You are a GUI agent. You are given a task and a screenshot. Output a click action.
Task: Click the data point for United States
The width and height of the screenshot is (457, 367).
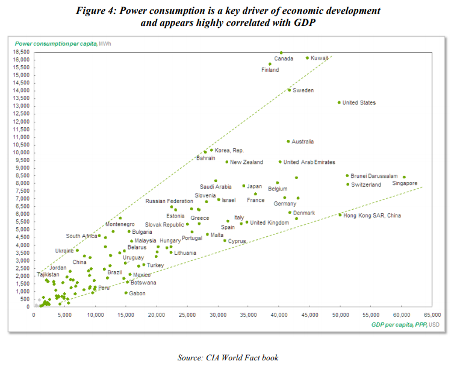[339, 102]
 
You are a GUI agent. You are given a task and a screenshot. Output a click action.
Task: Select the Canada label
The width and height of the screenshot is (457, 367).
[284, 59]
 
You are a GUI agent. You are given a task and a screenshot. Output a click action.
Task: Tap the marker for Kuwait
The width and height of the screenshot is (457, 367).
[307, 58]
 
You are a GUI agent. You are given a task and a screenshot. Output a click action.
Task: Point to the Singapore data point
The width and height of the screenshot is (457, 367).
[404, 177]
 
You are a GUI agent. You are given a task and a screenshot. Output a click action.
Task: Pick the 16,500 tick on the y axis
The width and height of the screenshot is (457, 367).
[20, 52]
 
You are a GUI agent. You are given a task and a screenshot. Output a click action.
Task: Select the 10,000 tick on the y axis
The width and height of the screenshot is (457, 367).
[20, 152]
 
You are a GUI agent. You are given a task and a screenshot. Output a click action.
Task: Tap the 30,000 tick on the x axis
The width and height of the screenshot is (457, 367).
[218, 315]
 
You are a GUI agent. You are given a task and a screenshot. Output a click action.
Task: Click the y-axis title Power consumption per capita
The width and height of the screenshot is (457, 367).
[55, 44]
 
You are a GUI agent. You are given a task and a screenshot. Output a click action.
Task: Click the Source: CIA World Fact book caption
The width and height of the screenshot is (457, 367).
[228, 357]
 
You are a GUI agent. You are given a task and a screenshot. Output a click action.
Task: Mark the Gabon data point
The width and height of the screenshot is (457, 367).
[126, 293]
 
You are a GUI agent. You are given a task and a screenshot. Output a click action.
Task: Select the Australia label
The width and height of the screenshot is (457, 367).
[302, 142]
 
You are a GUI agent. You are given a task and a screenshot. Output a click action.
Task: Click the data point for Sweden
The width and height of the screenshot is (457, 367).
[289, 90]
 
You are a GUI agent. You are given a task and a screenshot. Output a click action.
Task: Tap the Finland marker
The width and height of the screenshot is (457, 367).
[270, 64]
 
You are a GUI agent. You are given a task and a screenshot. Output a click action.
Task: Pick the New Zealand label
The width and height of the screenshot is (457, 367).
[246, 162]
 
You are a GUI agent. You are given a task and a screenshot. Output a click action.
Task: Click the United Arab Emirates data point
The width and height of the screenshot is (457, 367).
[280, 162]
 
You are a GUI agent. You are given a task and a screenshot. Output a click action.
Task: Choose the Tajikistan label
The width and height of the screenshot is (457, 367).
[48, 274]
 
